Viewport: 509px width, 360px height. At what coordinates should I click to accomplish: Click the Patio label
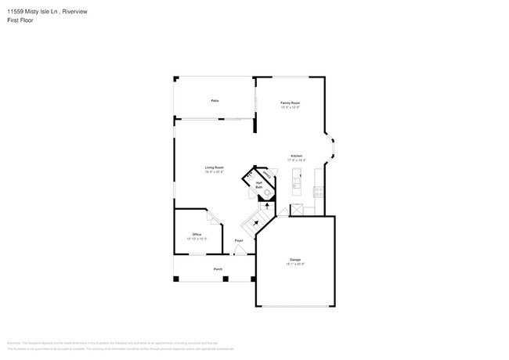214,101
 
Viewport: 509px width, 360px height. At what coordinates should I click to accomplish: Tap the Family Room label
291,103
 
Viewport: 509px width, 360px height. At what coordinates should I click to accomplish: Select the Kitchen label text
297,156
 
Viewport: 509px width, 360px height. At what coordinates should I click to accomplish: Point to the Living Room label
215,167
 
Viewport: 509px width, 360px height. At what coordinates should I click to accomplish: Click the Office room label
197,235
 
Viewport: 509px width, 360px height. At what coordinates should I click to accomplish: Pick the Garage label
295,259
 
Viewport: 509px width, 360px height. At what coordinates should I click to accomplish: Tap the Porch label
218,268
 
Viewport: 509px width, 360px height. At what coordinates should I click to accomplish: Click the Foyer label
239,240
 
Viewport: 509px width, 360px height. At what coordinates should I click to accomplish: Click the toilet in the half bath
267,192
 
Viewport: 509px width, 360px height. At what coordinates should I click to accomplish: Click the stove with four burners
317,191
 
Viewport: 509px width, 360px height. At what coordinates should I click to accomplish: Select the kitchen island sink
297,184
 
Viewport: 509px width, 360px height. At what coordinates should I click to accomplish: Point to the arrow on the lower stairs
254,222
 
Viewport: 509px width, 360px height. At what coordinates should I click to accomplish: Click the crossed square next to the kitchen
297,210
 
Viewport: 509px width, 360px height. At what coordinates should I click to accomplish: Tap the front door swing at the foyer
238,251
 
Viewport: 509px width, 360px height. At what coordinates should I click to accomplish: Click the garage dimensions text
295,265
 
